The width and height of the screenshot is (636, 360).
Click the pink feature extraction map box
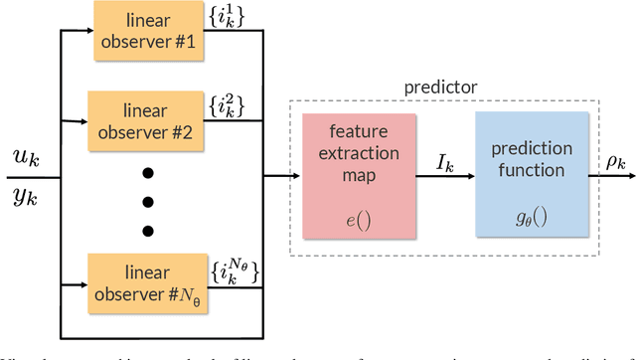(x=365, y=173)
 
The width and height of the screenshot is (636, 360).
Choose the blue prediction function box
(x=533, y=173)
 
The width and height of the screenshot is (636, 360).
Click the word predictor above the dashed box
(x=438, y=88)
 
